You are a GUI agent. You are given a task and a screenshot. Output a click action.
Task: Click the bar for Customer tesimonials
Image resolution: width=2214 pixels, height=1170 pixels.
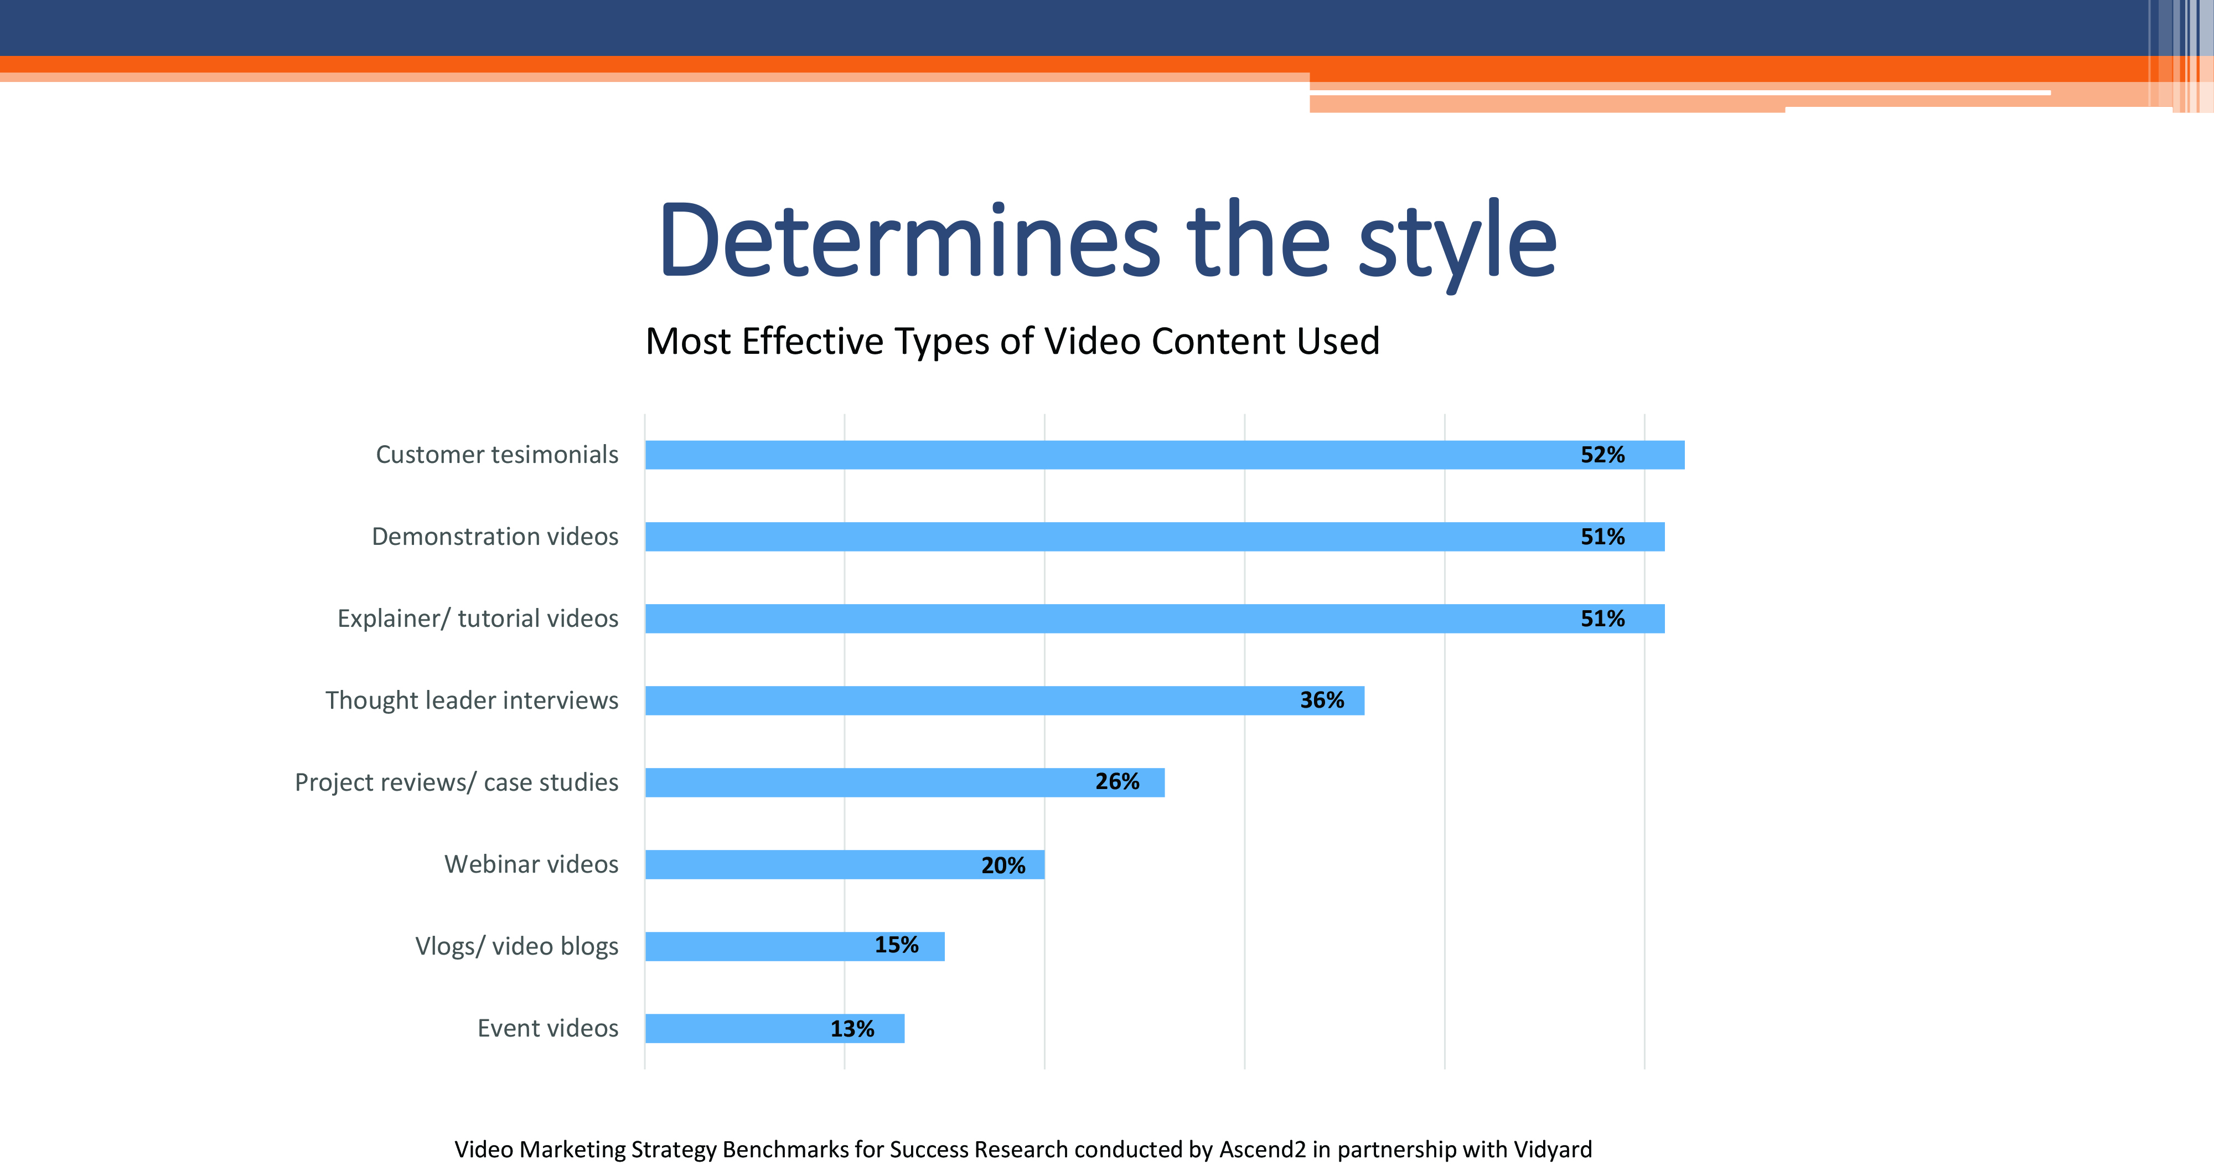pos(1165,455)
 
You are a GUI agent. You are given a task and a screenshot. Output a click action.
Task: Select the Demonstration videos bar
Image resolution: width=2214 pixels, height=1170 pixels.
pos(1155,537)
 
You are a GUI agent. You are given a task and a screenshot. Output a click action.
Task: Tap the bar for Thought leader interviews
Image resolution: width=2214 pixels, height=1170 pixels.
pos(1005,700)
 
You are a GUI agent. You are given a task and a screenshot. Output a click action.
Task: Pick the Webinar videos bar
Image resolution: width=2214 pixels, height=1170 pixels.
pos(845,865)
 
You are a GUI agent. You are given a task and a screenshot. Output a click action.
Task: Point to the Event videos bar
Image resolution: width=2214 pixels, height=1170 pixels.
pos(774,1028)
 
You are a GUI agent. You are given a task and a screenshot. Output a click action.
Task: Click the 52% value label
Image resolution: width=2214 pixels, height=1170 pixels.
pos(1603,455)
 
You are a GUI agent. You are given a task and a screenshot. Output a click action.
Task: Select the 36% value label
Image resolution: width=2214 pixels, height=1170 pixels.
pos(1322,700)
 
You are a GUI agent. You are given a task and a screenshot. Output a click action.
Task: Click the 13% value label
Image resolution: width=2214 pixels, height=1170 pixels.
pos(852,1029)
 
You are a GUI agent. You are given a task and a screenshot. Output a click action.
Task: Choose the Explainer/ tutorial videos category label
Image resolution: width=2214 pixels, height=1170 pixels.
pos(478,619)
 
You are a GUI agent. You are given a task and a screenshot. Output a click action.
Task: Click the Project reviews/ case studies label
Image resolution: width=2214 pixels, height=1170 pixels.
pos(457,782)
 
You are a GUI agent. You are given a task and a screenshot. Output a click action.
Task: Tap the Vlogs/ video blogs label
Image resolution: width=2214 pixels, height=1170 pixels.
pos(516,946)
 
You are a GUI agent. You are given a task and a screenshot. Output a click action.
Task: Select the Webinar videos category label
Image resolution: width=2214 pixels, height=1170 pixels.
pos(531,864)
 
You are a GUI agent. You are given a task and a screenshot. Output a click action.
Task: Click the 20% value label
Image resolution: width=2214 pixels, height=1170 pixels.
pos(1003,865)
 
